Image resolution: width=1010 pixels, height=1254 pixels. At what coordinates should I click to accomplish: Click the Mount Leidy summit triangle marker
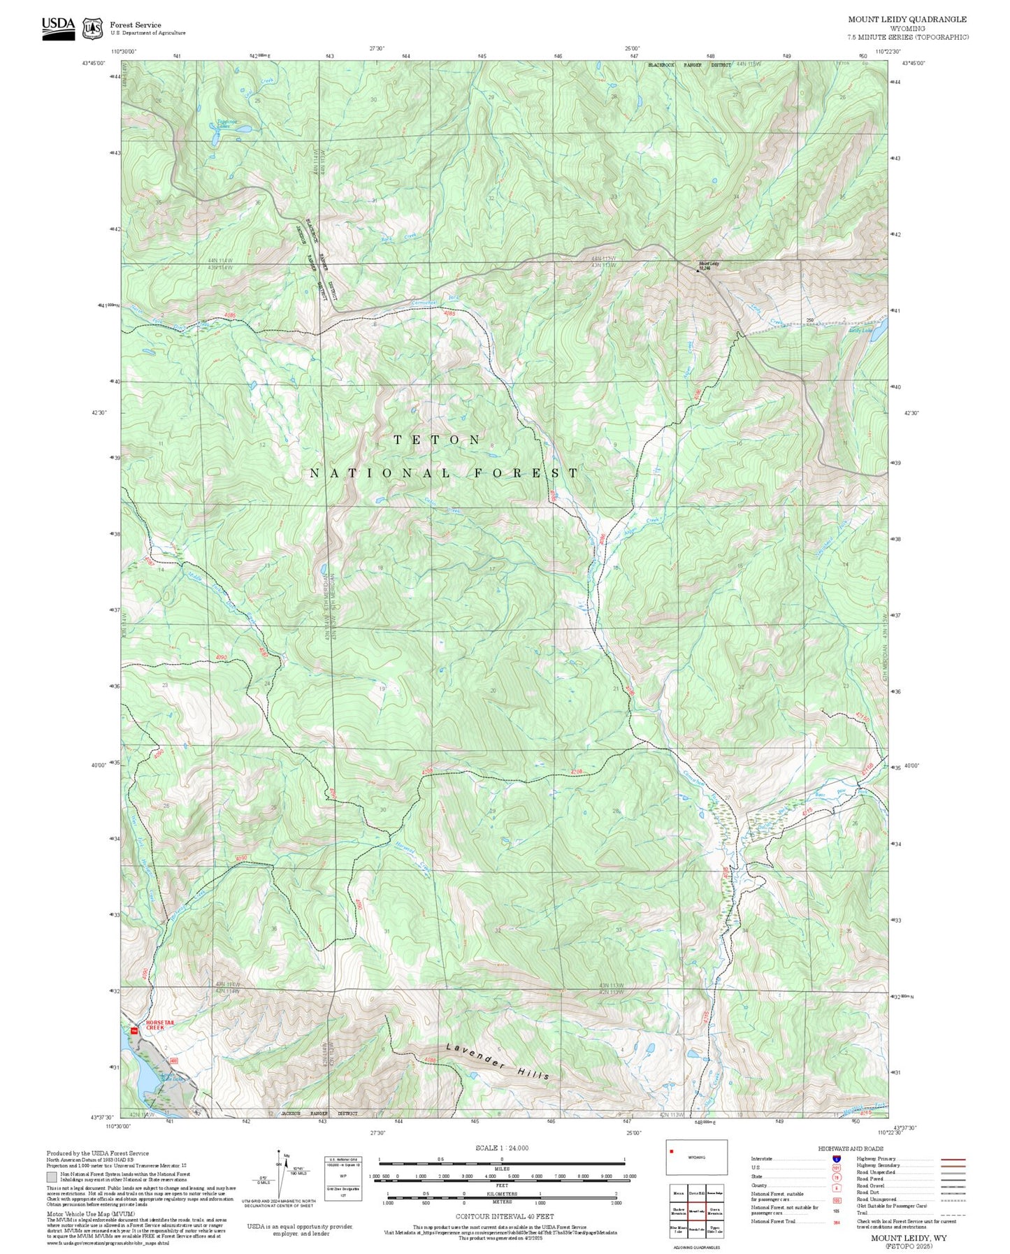pyautogui.click(x=697, y=271)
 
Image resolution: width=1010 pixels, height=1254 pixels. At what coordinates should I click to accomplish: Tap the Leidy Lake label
pyautogui.click(x=860, y=331)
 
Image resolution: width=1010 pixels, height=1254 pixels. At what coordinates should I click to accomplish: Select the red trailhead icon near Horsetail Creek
pyautogui.click(x=133, y=1030)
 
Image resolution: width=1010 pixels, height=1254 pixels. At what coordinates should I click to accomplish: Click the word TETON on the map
pyautogui.click(x=438, y=440)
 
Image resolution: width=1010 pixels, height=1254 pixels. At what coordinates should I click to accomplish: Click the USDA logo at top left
pyautogui.click(x=58, y=27)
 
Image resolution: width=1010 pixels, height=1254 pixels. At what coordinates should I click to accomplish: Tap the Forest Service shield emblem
pyautogui.click(x=92, y=29)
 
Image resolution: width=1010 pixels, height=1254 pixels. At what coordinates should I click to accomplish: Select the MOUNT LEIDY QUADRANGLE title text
pyautogui.click(x=907, y=20)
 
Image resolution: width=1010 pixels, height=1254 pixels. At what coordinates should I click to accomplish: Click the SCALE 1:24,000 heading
pyautogui.click(x=502, y=1148)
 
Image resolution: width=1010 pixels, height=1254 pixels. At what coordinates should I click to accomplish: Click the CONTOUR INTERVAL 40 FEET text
pyautogui.click(x=504, y=1216)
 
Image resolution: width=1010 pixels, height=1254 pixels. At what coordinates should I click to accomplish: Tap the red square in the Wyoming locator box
pyautogui.click(x=672, y=1151)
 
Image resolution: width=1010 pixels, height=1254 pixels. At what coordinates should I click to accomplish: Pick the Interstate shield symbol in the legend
pyautogui.click(x=836, y=1159)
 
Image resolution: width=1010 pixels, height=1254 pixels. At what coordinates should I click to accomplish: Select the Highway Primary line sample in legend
pyautogui.click(x=953, y=1159)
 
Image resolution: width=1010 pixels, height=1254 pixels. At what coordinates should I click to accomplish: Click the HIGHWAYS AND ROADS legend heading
pyautogui.click(x=851, y=1148)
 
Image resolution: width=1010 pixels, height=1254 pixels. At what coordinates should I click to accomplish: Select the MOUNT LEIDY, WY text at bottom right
pyautogui.click(x=909, y=1237)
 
